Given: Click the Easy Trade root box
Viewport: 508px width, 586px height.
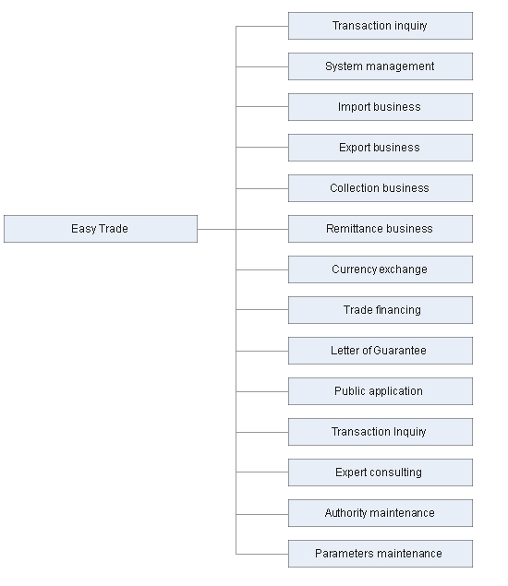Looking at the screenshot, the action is click(101, 229).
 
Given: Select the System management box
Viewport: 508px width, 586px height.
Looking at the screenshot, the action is click(381, 66).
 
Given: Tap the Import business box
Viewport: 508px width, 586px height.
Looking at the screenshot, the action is click(381, 107).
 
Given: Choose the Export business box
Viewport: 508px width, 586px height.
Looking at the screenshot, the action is click(381, 148).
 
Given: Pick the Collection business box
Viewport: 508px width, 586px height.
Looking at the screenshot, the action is click(381, 188).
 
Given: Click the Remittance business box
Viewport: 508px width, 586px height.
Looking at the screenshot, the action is click(381, 229).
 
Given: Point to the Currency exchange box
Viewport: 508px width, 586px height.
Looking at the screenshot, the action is click(381, 269).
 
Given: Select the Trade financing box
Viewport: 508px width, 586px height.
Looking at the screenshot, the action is click(381, 310).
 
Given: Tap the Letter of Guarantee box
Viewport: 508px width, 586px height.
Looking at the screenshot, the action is click(381, 351).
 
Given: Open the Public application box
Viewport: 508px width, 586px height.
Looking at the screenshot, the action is click(381, 391).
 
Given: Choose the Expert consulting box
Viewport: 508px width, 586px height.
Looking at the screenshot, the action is click(381, 472).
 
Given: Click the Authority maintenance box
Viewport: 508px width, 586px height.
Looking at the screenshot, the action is click(381, 513).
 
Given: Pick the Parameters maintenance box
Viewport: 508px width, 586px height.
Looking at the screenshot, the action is click(381, 554).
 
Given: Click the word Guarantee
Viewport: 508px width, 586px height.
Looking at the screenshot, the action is click(400, 351).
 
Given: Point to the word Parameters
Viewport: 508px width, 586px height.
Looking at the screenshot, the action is click(340, 554).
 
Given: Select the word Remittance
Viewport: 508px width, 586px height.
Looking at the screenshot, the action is click(354, 229).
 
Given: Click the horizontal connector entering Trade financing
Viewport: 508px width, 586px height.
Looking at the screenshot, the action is click(262, 309).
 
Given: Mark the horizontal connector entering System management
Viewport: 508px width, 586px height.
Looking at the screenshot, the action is click(262, 66).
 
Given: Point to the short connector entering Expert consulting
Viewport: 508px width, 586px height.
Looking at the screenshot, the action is click(262, 472).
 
